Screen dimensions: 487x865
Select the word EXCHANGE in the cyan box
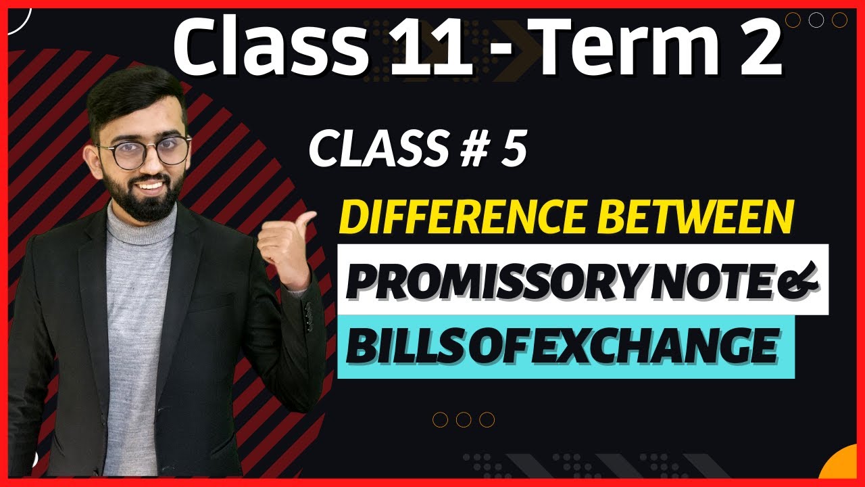[668, 346]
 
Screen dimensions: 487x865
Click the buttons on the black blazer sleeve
[309, 317]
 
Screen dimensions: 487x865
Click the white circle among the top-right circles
[816, 20]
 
